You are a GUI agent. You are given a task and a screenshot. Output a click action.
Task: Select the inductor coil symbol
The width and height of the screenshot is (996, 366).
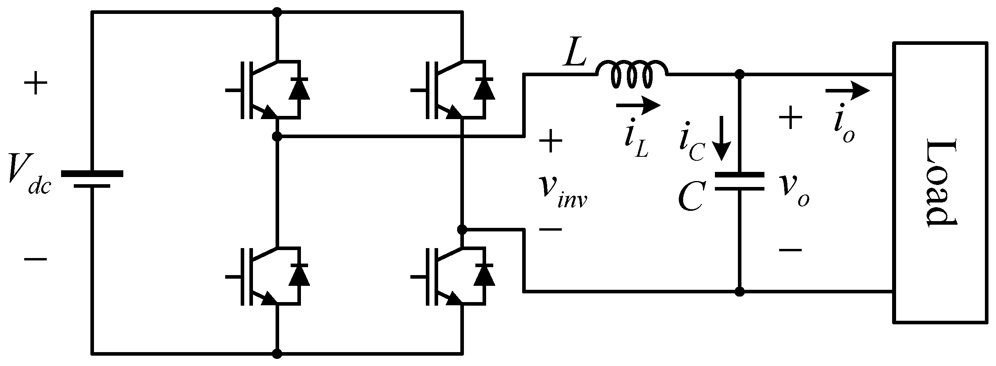pos(632,75)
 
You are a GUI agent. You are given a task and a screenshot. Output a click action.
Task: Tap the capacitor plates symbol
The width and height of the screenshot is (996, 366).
pos(739,181)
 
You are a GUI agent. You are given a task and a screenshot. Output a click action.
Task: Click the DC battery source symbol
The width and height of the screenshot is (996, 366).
pos(92,179)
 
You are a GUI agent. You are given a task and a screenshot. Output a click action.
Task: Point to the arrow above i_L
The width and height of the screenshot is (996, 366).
pos(638,105)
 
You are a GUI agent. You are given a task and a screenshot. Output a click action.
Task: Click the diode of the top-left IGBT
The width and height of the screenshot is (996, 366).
pos(299,90)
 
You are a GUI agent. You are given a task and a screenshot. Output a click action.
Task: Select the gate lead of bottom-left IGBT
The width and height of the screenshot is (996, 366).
pos(233,277)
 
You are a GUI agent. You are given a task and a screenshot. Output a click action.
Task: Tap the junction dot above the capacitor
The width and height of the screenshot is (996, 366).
pos(739,74)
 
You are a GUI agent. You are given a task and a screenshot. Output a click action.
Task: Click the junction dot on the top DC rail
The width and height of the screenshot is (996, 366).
pos(277,12)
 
